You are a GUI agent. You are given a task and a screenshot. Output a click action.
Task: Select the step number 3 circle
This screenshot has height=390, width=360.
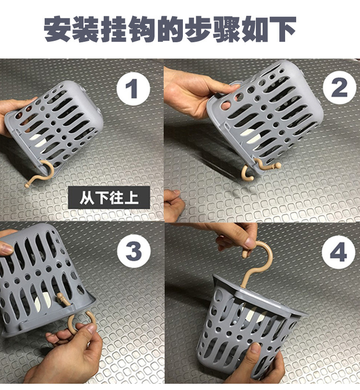coord(133,251)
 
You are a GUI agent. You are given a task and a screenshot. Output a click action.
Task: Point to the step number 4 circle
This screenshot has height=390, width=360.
coord(338,252)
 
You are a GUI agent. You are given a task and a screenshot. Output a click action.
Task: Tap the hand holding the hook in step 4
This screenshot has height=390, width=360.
coord(235,235)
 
